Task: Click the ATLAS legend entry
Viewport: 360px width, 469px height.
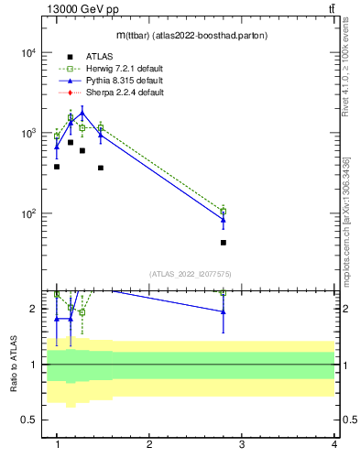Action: click(x=99, y=57)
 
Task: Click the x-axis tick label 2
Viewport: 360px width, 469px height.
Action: click(x=149, y=445)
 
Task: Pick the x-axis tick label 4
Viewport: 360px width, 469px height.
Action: click(x=334, y=445)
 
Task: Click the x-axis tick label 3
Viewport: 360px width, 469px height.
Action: click(x=242, y=445)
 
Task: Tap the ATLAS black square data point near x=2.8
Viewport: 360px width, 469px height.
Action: click(x=224, y=243)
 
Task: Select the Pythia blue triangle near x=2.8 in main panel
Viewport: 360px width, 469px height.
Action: click(x=224, y=219)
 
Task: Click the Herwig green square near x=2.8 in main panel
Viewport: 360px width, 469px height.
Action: click(x=224, y=211)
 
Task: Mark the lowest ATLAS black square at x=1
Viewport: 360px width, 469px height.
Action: click(x=57, y=167)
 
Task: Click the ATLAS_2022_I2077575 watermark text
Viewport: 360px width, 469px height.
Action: click(x=191, y=274)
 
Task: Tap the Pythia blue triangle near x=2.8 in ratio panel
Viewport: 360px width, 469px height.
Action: click(x=224, y=312)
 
